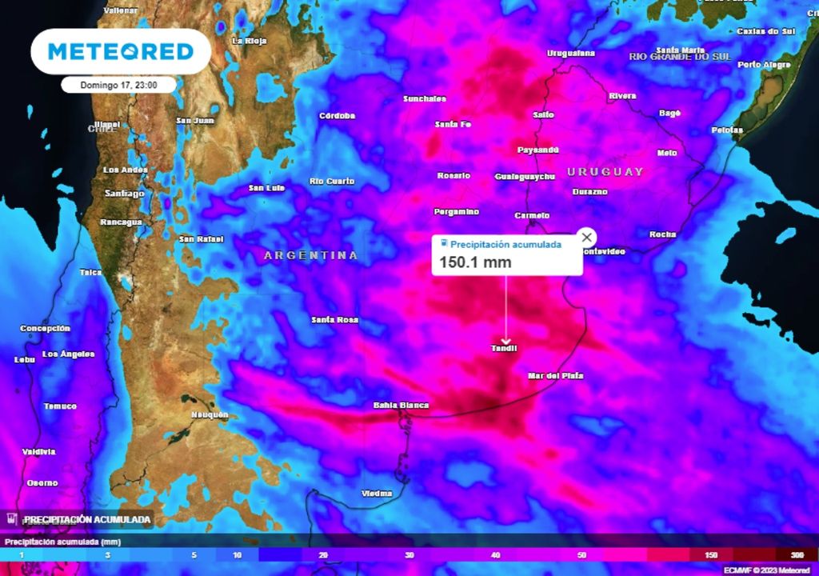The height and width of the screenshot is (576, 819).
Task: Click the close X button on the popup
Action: pyautogui.click(x=587, y=237)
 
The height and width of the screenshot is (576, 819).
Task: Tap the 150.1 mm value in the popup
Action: pyautogui.click(x=475, y=262)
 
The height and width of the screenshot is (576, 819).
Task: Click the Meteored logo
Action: pyautogui.click(x=121, y=52)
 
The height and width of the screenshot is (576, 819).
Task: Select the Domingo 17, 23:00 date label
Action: pyautogui.click(x=118, y=84)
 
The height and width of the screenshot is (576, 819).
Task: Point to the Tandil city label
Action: pyautogui.click(x=504, y=348)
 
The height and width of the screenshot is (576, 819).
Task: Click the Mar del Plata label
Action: pyautogui.click(x=555, y=375)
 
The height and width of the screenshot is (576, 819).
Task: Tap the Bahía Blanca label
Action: pyautogui.click(x=401, y=406)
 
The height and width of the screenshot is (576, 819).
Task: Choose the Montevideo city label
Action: pyautogui.click(x=603, y=251)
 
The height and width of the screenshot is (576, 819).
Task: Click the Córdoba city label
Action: pyautogui.click(x=337, y=116)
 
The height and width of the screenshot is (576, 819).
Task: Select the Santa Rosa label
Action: pyautogui.click(x=334, y=320)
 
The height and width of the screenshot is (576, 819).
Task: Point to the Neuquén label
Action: pyautogui.click(x=210, y=414)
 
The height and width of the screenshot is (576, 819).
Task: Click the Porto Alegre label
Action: pyautogui.click(x=764, y=64)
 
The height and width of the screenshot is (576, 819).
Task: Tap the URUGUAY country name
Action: pyautogui.click(x=605, y=172)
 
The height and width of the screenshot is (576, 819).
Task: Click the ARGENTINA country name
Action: pyautogui.click(x=311, y=255)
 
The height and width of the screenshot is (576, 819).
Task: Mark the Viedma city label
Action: pyautogui.click(x=377, y=493)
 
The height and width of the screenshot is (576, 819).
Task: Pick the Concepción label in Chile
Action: pyautogui.click(x=45, y=329)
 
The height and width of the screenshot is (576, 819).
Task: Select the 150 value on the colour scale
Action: pyautogui.click(x=712, y=554)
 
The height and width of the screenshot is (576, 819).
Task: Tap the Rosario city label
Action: pyautogui.click(x=453, y=175)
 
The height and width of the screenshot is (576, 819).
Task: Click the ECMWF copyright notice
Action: pyautogui.click(x=768, y=570)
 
